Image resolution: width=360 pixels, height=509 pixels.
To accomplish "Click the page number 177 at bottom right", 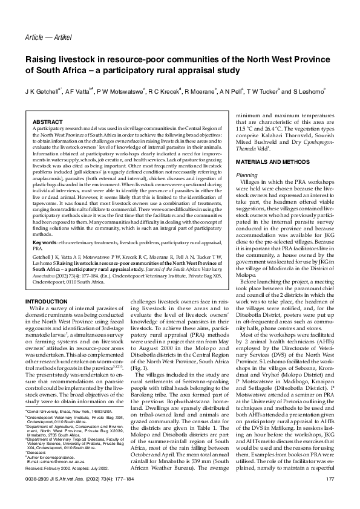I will click(330, 498).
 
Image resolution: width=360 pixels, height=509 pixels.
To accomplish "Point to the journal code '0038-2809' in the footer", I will click(36, 498).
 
